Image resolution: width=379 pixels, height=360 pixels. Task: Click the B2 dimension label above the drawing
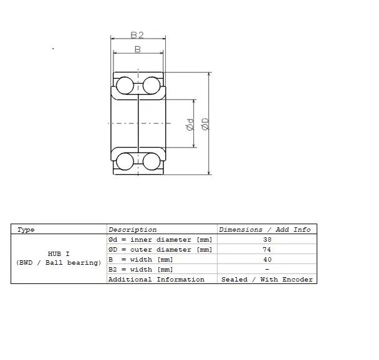pyautogui.click(x=137, y=35)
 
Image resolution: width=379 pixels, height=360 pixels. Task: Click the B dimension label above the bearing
pyautogui.click(x=138, y=49)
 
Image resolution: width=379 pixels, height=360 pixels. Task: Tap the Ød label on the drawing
pyautogui.click(x=190, y=125)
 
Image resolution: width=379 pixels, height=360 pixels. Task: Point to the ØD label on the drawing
pyautogui.click(x=205, y=124)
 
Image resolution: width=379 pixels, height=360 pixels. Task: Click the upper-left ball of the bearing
pyautogui.click(x=125, y=85)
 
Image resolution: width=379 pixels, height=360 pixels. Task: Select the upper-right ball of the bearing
pyautogui.click(x=151, y=85)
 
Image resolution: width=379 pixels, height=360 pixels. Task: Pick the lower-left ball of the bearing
pyautogui.click(x=125, y=161)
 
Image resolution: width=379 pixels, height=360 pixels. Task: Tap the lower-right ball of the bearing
pyautogui.click(x=151, y=161)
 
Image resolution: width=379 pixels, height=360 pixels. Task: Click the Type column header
pyautogui.click(x=26, y=230)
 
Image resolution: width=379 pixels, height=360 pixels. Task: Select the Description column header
pyautogui.click(x=132, y=229)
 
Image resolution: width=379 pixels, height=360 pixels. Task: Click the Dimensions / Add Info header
pyautogui.click(x=265, y=229)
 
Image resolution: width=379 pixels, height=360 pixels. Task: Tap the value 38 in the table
pyautogui.click(x=267, y=240)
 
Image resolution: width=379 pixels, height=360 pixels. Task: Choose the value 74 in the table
pyautogui.click(x=267, y=249)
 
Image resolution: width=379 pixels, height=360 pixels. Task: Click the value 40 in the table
pyautogui.click(x=267, y=259)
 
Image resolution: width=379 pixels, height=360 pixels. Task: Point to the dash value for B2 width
pyautogui.click(x=267, y=269)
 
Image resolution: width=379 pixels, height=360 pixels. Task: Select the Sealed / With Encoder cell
pyautogui.click(x=267, y=280)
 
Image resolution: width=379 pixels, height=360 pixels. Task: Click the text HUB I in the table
pyautogui.click(x=59, y=253)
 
